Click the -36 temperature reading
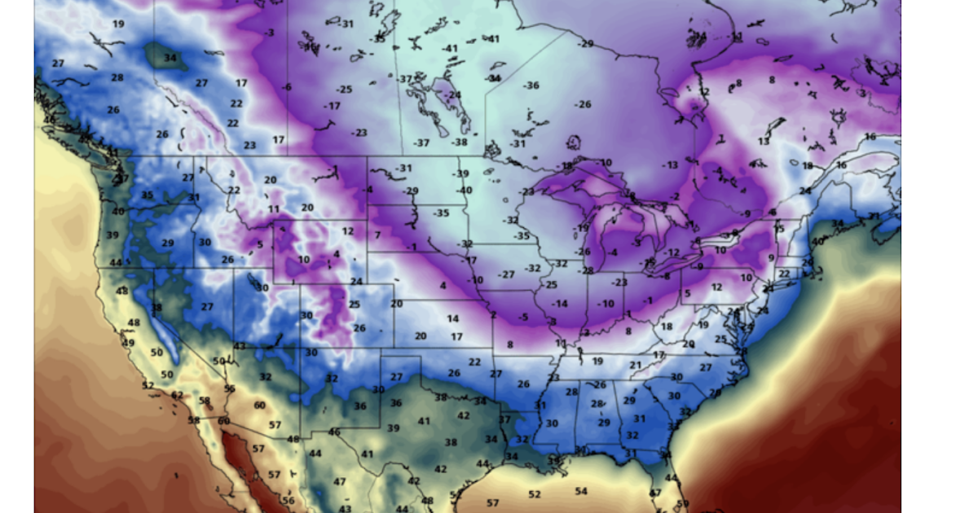coord(531,85)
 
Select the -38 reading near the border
coord(460,142)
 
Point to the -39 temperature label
coord(462,173)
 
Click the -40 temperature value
coord(464,191)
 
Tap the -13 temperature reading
coord(669,165)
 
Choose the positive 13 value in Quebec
coord(763,142)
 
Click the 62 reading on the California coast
coord(178,395)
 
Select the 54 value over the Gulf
coord(581,491)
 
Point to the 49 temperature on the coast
coord(128,343)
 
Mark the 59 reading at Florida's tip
coord(683,503)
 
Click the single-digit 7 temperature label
coord(377,235)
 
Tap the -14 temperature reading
coord(559,304)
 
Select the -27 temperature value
coord(507,274)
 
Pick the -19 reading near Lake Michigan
coord(581,228)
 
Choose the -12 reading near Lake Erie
coord(671,252)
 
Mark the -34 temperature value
coord(492,78)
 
